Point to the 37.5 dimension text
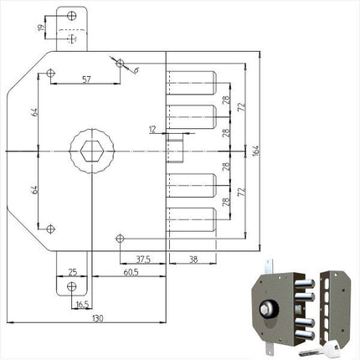tap(144, 260)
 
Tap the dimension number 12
tap(152, 128)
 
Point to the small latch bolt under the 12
tap(177, 150)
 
